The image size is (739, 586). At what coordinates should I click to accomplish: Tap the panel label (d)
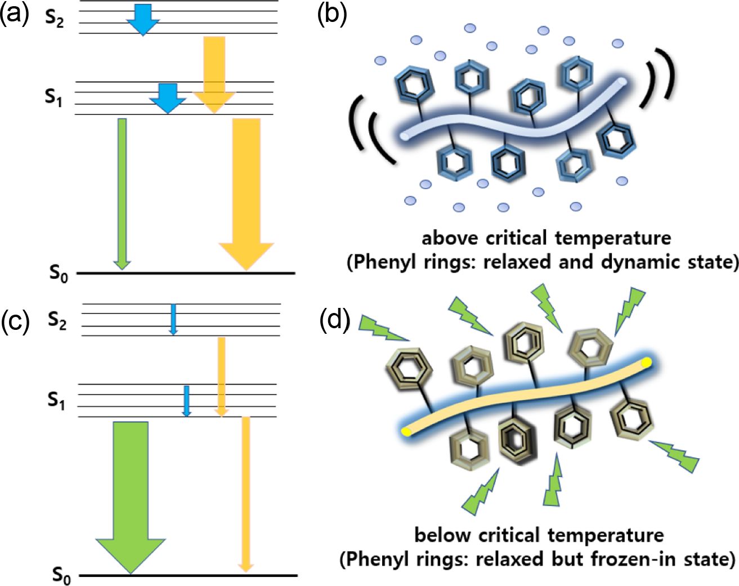[335, 320]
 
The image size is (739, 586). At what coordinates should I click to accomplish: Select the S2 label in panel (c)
[57, 320]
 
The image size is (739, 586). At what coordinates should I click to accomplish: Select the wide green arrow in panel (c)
[131, 495]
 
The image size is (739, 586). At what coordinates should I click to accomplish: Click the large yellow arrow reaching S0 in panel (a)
[247, 191]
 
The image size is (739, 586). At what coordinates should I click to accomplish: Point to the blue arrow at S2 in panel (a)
[143, 19]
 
